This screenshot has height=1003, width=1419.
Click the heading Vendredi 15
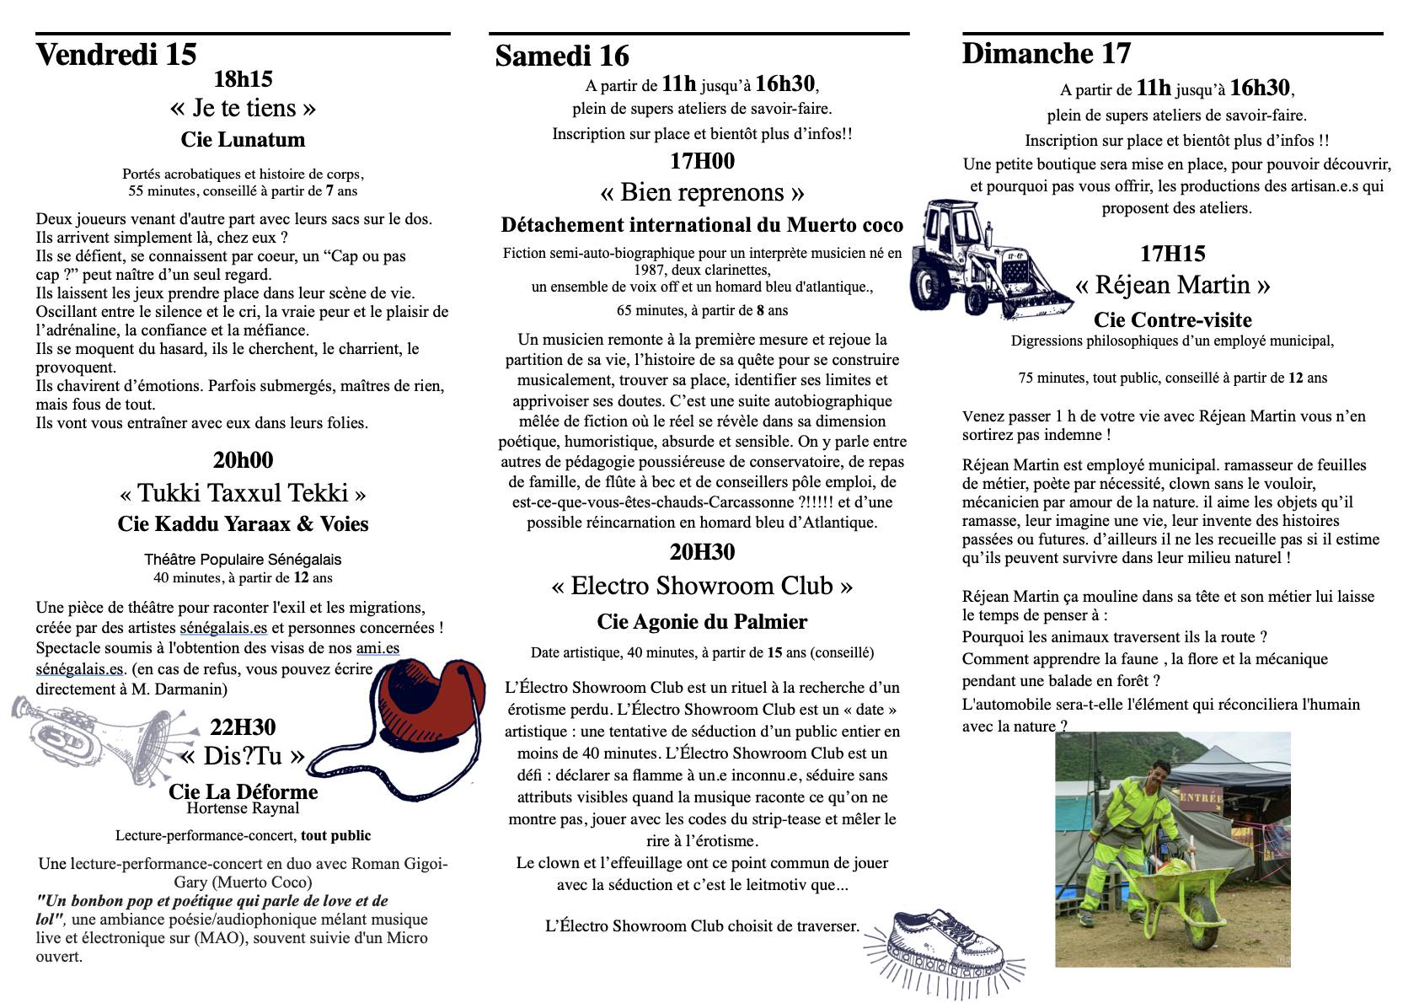coord(116,55)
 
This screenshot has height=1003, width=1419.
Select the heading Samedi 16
coord(562,56)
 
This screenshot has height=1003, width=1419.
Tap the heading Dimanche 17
coord(1046,54)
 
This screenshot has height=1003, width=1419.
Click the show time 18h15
coord(243,80)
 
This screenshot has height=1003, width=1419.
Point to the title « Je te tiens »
coord(243,108)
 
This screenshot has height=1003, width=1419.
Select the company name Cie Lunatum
coord(243,140)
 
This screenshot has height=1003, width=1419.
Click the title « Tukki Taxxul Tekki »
coord(243,493)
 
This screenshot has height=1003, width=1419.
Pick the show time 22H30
coord(243,727)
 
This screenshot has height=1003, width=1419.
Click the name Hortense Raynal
coord(243,808)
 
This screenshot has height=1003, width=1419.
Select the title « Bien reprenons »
coord(702,193)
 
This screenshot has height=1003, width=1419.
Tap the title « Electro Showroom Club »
coord(702,586)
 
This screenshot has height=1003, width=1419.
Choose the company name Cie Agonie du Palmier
coord(702,622)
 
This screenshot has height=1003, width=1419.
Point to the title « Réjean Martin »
coord(1172,285)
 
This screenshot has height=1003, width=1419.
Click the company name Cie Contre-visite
coord(1172,320)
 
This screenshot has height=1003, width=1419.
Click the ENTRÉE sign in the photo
coord(1200,796)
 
